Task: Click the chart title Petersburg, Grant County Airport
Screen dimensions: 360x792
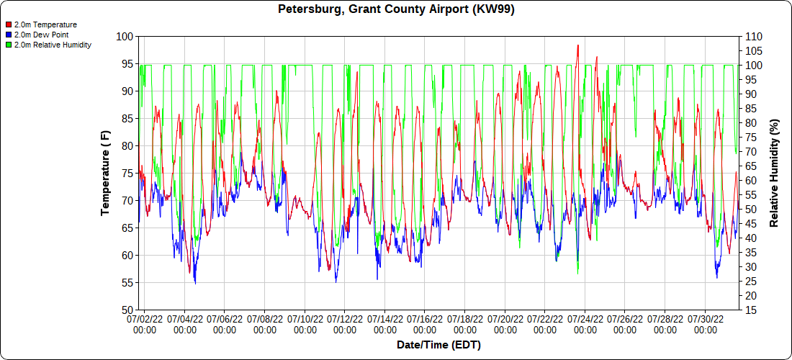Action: tap(396, 9)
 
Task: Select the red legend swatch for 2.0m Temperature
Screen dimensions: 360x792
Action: tap(8, 24)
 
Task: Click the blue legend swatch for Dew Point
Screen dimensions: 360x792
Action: tap(8, 35)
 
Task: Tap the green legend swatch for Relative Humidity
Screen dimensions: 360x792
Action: tap(8, 45)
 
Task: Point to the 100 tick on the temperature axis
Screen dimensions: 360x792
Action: tap(125, 36)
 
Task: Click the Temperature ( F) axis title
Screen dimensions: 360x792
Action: tap(105, 173)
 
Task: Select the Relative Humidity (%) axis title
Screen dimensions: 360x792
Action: tap(774, 173)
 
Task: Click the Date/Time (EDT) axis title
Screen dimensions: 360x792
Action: tap(438, 345)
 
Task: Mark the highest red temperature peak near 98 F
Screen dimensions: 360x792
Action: tap(577, 45)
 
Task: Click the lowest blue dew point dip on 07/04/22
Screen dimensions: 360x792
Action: tap(195, 283)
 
